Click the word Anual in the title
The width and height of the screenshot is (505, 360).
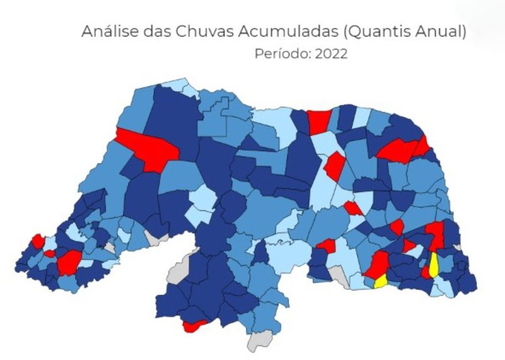tap(441, 32)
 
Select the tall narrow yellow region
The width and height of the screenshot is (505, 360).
tap(434, 265)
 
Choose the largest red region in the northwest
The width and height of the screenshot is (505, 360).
tap(150, 149)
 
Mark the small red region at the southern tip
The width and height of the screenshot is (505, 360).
tap(194, 326)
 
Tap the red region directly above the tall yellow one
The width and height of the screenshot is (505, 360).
tap(435, 234)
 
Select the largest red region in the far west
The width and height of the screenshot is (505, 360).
tap(69, 261)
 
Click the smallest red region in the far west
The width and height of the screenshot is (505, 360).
tap(49, 254)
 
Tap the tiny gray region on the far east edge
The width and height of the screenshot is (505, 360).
tap(456, 247)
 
